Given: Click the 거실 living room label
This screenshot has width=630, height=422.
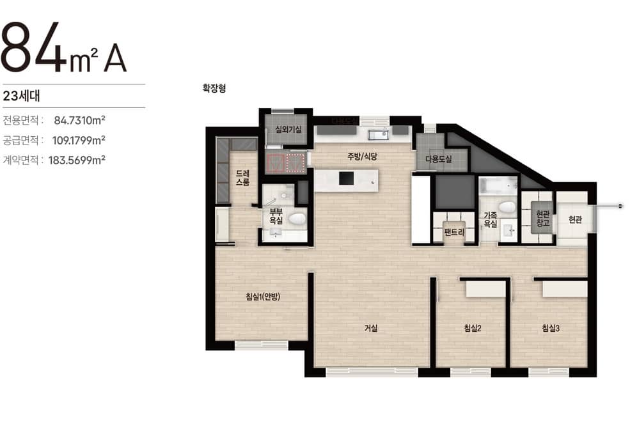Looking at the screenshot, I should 371,329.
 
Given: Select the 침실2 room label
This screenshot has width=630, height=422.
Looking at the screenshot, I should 472,329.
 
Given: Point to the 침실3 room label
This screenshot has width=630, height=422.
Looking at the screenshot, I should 551,329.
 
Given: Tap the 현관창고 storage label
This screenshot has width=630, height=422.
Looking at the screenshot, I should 542,219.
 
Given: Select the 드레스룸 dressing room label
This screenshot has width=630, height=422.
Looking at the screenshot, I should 242,178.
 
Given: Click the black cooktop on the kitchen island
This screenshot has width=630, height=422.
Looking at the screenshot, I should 346,178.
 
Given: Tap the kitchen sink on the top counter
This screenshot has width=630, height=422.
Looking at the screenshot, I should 379,134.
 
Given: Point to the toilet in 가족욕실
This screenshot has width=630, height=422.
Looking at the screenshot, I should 507,207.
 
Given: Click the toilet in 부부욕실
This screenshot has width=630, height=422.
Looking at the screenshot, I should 297,219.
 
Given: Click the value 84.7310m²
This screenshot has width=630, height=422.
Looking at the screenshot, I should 79,120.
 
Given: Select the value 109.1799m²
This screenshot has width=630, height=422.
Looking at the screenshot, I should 79,140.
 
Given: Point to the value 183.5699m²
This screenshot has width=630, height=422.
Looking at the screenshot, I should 77,160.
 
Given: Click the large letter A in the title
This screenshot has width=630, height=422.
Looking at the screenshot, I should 115,58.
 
